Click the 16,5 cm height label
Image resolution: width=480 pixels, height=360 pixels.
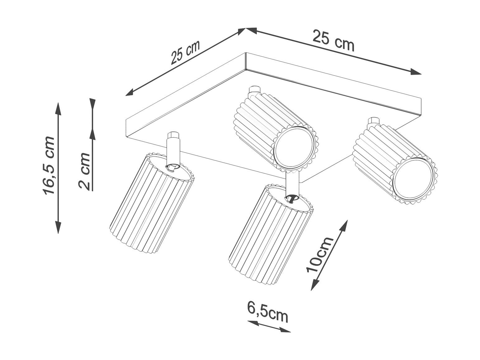tap(49, 166)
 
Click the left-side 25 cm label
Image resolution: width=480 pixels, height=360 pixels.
tap(185, 53)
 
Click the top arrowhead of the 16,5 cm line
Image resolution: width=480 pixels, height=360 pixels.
tap(58, 109)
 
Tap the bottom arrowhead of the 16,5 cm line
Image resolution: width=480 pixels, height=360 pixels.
tap(58, 227)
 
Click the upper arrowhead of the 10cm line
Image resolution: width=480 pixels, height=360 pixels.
tap(343, 226)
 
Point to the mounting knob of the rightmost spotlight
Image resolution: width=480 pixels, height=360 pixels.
tap(374, 121)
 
